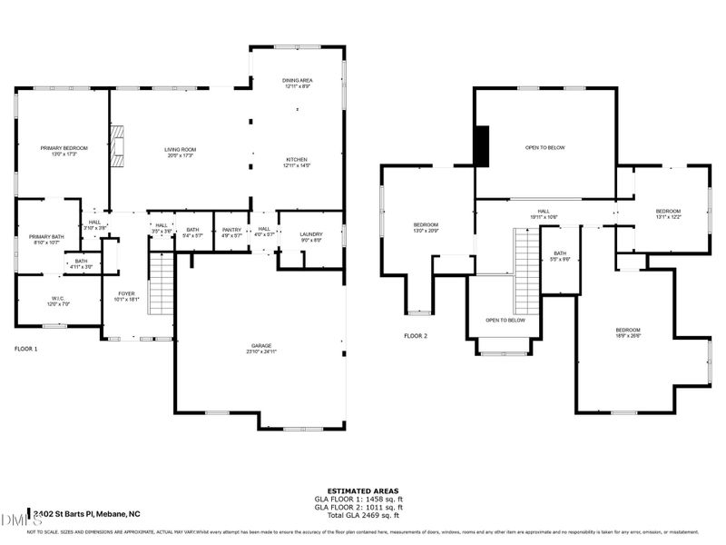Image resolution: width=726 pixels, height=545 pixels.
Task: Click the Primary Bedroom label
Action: (63, 151)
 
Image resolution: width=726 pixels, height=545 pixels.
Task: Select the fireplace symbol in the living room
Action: (117, 147)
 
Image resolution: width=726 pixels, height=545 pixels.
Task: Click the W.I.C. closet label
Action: (56, 301)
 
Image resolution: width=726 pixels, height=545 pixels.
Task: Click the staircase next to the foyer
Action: (161, 283)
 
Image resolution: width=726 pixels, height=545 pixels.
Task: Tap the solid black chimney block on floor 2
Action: (483, 145)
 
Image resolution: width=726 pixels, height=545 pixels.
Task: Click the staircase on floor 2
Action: (527, 263)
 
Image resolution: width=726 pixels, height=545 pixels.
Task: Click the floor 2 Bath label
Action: (560, 256)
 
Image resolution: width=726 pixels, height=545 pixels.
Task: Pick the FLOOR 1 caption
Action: (27, 348)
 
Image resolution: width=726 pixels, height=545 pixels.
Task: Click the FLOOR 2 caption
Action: (416, 335)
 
